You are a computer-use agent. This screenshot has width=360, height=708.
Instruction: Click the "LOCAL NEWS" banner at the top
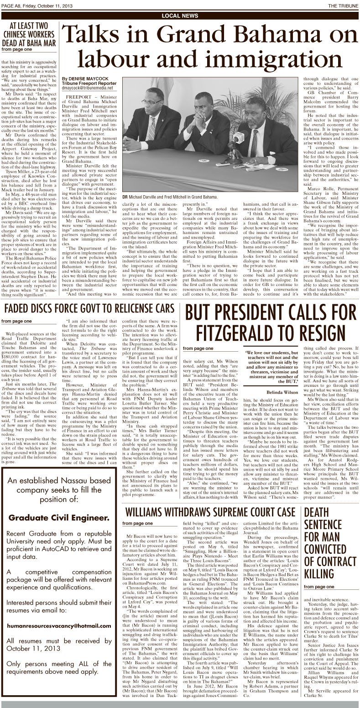[x=180, y=16]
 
